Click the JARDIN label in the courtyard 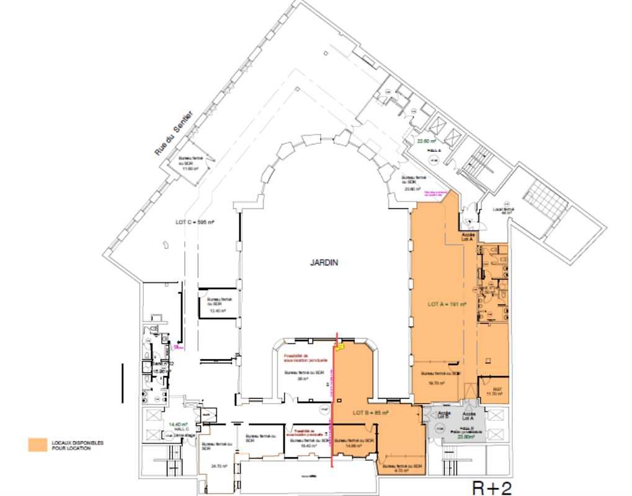(324, 263)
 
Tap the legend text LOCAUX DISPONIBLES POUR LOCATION (78, 445)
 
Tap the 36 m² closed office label (302, 376)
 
